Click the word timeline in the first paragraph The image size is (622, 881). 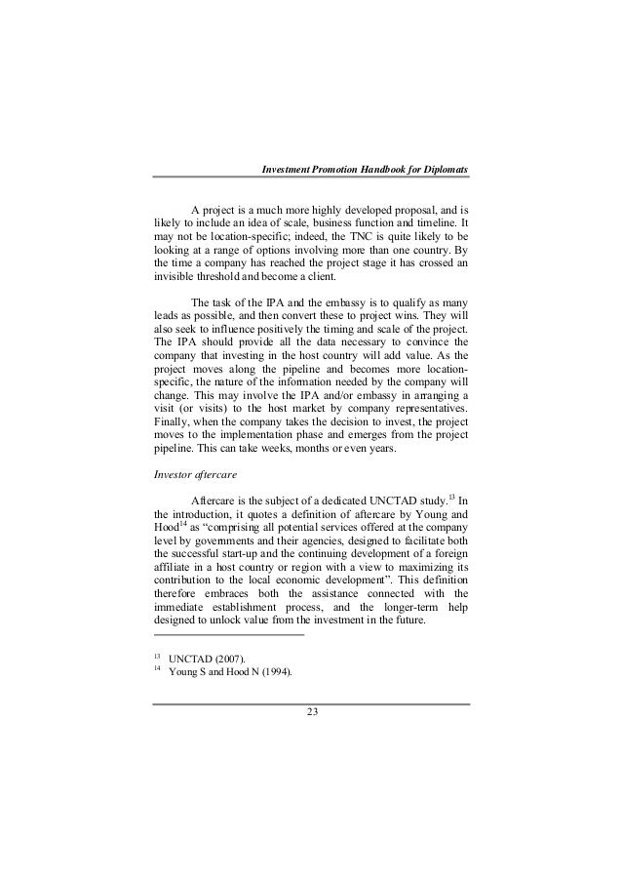coord(434,222)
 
